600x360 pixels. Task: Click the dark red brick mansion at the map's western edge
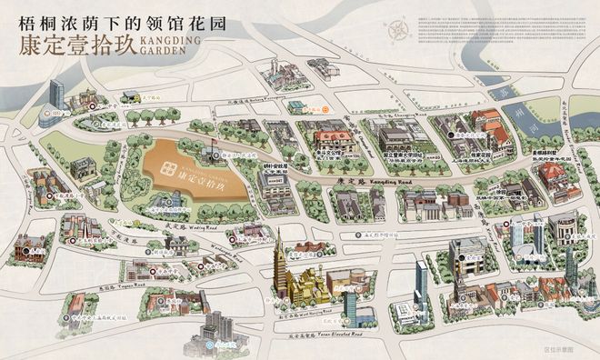tap(35, 243)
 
